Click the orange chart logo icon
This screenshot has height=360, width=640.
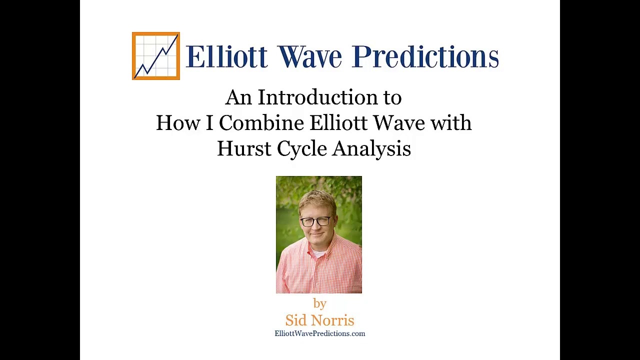tap(155, 56)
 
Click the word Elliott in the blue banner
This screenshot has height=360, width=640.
tap(226, 56)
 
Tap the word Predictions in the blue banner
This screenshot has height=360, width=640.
tap(425, 56)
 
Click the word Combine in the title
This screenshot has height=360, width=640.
tap(261, 123)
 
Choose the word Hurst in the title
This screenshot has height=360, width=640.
tap(244, 148)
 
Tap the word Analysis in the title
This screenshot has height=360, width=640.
tap(371, 149)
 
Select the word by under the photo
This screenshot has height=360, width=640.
tap(319, 303)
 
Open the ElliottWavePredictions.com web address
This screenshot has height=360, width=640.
tap(319, 333)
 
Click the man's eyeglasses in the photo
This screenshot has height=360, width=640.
tap(316, 220)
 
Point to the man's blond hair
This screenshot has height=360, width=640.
tap(316, 200)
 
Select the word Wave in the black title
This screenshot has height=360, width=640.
tap(399, 123)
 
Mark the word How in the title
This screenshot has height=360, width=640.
tap(178, 123)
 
